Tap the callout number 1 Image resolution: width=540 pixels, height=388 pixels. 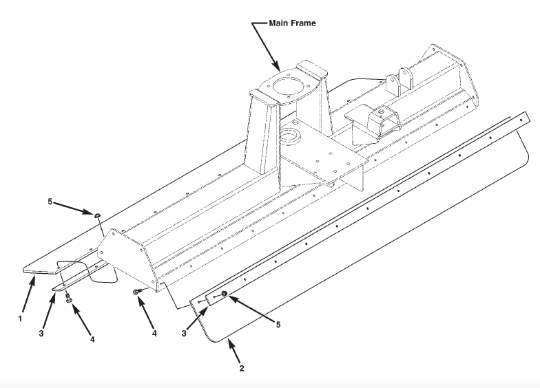pyautogui.click(x=21, y=319)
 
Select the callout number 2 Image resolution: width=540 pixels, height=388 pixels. pyautogui.click(x=242, y=368)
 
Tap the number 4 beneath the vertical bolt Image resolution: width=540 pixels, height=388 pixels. pyautogui.click(x=91, y=339)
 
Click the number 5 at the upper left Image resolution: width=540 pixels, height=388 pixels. pyautogui.click(x=50, y=202)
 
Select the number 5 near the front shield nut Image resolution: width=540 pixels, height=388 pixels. pyautogui.click(x=279, y=324)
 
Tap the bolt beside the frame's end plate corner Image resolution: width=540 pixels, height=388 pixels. pyautogui.click(x=138, y=292)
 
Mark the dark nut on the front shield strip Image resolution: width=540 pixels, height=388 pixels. pyautogui.click(x=225, y=295)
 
